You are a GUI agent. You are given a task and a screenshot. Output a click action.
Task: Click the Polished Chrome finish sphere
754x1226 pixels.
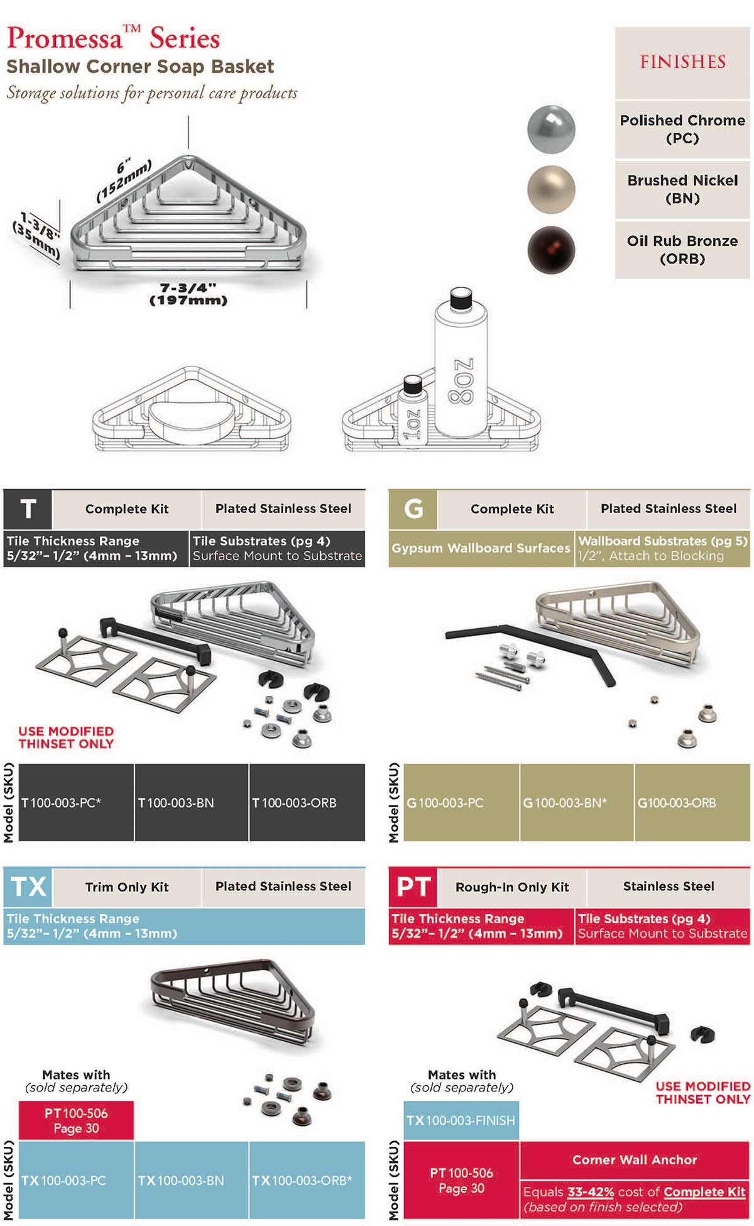coord(551,130)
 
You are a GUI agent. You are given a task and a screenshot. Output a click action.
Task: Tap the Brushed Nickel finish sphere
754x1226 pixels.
coord(551,189)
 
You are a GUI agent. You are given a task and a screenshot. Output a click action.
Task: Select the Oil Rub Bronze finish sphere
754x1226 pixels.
coord(551,250)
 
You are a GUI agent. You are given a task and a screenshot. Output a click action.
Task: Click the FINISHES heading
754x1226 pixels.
coord(682,62)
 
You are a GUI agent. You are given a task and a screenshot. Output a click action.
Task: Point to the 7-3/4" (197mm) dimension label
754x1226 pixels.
coord(188,294)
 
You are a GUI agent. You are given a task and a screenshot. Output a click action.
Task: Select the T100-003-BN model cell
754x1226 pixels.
coord(191,802)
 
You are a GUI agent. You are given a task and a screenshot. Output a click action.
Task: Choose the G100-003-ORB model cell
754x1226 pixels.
coord(692,802)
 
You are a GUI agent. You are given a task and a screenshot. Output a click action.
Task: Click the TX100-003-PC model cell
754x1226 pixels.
coord(76,1180)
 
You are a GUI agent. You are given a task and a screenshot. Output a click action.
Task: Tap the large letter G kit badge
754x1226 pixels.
coord(413,509)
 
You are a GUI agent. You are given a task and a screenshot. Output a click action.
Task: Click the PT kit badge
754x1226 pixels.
coord(413,886)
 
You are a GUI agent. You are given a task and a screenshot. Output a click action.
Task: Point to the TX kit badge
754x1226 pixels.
coord(28,886)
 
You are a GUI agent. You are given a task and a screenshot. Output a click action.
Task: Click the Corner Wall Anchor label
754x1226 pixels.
coord(635,1160)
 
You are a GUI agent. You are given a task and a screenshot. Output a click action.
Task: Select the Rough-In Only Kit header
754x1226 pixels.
coord(512,886)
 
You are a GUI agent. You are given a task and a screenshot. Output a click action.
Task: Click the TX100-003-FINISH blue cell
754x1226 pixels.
coord(461,1120)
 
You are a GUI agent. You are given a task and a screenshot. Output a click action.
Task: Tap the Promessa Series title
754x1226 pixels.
coord(114,39)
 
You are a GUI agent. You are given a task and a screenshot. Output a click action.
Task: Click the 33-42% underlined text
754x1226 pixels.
coord(591,1192)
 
